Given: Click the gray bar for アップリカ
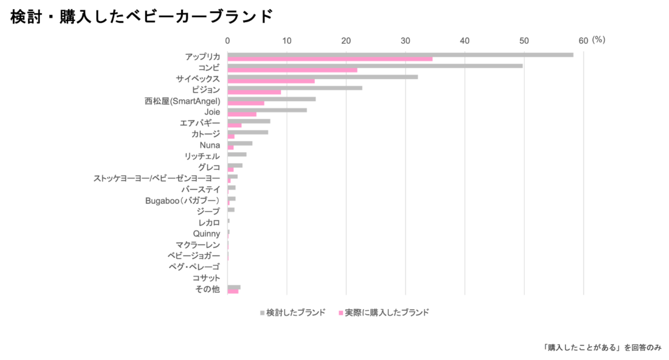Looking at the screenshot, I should click(400, 55).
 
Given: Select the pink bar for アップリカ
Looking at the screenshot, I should click(330, 59).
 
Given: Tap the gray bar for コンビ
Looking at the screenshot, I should click(376, 66).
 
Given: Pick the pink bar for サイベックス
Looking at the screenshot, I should click(271, 82).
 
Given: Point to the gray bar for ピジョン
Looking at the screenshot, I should click(295, 88).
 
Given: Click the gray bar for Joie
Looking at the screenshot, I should click(267, 110).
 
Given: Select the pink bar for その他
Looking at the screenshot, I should click(233, 291).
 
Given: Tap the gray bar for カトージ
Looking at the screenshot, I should click(248, 133).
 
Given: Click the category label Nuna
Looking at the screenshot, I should click(209, 145).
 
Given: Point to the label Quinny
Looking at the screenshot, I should click(206, 233).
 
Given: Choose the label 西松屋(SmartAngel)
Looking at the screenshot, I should click(182, 101).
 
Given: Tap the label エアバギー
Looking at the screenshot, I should click(199, 122).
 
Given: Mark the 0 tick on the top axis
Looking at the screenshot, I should click(227, 41).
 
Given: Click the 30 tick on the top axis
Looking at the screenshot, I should click(405, 41).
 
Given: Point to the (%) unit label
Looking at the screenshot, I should click(599, 41).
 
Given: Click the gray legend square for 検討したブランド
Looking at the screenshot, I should click(262, 313).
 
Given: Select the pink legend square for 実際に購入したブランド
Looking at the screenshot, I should click(341, 313).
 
